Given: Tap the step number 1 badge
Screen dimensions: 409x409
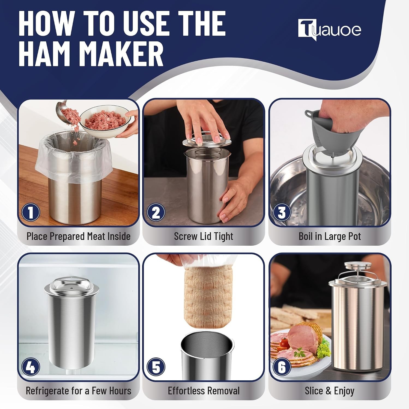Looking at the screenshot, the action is [31, 213].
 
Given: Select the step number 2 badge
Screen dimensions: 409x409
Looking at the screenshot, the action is [156, 213].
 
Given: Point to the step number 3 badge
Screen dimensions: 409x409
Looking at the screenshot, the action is [282, 213].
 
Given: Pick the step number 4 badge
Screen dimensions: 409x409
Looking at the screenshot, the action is [31, 367].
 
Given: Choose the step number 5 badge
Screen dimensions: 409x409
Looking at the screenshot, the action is [156, 367].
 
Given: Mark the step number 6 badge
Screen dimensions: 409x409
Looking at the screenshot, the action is [282, 367].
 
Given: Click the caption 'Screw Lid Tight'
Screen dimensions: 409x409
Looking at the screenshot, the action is [204, 236].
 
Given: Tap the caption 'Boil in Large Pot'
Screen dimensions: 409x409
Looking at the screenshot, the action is [330, 236].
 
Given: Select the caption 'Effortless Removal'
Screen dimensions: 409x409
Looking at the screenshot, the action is [204, 391].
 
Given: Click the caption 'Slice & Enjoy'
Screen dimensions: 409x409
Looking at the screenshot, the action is [330, 391].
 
